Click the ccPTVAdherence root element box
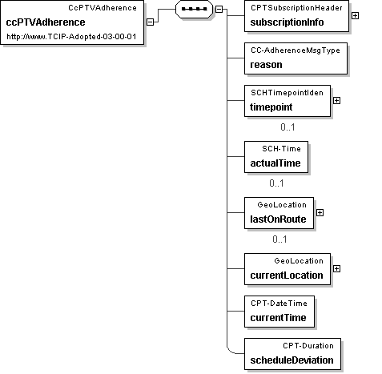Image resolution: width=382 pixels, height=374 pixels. coord(72,22)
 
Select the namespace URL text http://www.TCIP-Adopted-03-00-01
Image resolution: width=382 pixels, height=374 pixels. coord(71,37)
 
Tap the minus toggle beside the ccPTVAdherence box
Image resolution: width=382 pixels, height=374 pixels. coord(151,22)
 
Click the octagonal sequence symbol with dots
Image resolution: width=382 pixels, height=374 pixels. coord(194,9)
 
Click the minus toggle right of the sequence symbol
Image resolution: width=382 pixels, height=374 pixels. coord(219,9)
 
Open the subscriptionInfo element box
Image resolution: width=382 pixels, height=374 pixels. coord(296,16)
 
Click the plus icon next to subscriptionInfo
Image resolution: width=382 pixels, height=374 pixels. coord(355,16)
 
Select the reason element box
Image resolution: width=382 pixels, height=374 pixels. coord(296,58)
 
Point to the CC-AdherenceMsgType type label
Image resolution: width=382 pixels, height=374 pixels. coord(296,50)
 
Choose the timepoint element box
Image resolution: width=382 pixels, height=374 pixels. coord(288,101)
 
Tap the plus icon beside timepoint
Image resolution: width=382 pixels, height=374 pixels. coord(337,101)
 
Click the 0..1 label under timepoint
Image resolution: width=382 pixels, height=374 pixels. coord(288,127)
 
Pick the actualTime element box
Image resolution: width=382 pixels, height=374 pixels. coord(276,157)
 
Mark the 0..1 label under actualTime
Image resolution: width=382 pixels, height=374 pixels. coord(276,183)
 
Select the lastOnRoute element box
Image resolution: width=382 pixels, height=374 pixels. coord(279,213)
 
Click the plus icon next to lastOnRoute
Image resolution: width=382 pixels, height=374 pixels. coord(320,213)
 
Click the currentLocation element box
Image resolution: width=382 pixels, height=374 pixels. coord(288,269)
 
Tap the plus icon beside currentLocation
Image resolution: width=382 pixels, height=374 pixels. coord(337,269)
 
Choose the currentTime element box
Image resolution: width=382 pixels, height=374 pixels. coord(279,312)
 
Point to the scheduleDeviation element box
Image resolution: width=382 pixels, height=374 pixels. coord(292,354)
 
